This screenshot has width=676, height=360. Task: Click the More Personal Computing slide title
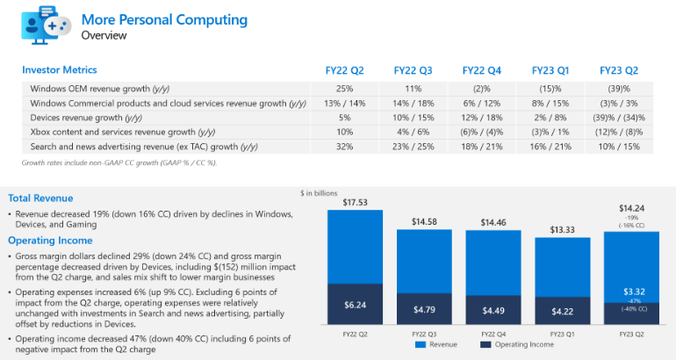(164, 19)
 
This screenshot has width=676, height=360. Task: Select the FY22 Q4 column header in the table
(482, 69)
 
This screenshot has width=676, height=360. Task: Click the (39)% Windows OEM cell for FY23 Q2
(618, 89)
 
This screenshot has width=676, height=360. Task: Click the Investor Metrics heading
(60, 69)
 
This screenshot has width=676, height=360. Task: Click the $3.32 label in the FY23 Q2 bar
(631, 291)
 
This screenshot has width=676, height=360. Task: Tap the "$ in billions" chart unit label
(319, 192)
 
